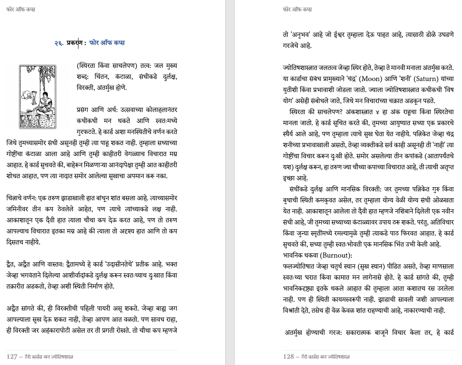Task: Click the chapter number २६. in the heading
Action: [59, 43]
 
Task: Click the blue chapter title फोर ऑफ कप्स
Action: [107, 43]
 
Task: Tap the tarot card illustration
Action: [37, 97]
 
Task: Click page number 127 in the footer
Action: [12, 357]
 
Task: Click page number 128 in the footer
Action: [288, 357]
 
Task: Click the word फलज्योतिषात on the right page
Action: [301, 267]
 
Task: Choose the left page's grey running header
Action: [21, 9]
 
